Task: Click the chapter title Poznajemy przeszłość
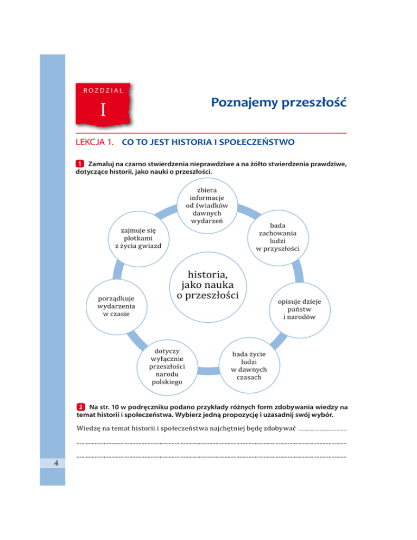[x=279, y=102]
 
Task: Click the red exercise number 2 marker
[x=80, y=406]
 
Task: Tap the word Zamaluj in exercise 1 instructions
[x=104, y=164]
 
